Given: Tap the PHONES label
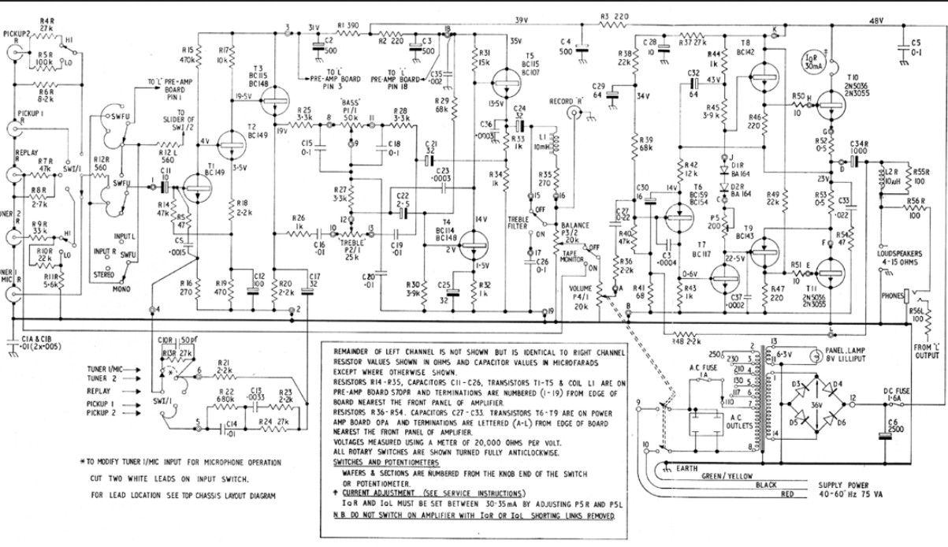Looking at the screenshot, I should (892, 296).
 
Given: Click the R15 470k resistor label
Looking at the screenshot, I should (188, 54).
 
